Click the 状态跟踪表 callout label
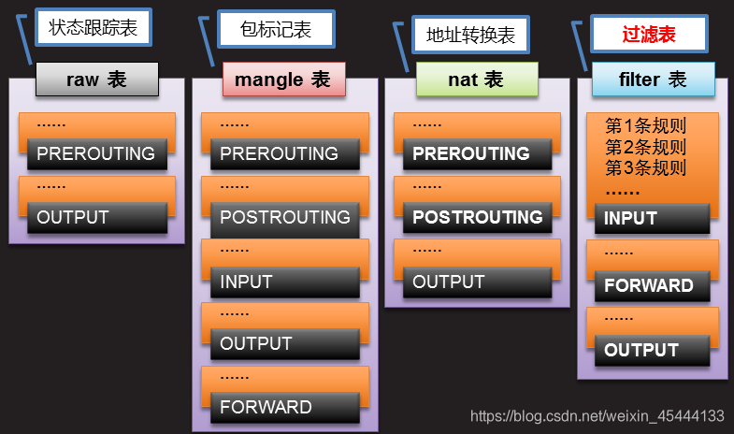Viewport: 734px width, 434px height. tap(93, 28)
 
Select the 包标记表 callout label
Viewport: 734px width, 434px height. tap(277, 29)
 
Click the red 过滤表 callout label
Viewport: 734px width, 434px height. tap(649, 36)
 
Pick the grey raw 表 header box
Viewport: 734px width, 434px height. tap(96, 80)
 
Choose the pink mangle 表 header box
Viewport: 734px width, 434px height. tap(283, 80)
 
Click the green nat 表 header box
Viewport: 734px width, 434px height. tap(477, 80)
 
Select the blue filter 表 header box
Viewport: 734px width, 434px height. tap(653, 80)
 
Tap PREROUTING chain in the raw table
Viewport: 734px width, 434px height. tap(96, 153)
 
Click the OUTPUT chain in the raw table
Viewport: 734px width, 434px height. tap(96, 218)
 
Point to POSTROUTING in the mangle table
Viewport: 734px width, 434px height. tap(284, 217)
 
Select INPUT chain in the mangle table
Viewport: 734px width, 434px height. tap(284, 282)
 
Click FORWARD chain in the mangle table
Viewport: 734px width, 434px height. tap(284, 407)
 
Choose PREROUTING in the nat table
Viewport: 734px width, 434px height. tap(476, 153)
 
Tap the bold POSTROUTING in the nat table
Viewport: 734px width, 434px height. tap(477, 217)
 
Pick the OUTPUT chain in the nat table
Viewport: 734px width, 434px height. tap(476, 282)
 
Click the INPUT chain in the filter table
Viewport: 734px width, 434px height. tap(652, 218)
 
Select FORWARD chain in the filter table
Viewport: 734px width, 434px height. tap(652, 285)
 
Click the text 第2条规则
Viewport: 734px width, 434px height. tap(645, 147)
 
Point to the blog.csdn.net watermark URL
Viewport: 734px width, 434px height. tap(597, 415)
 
